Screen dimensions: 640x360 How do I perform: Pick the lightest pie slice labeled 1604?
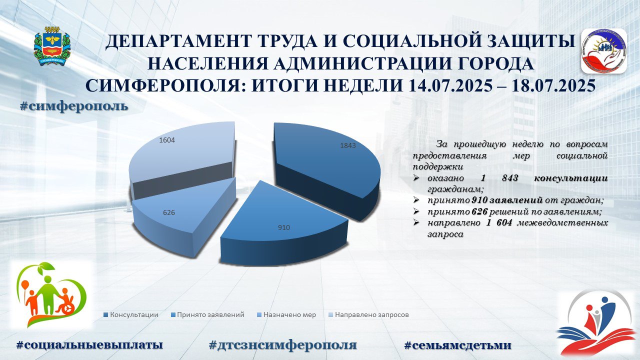click(x=183, y=151)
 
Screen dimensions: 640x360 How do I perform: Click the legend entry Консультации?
click(x=131, y=315)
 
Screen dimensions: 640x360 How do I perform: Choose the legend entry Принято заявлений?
click(x=207, y=315)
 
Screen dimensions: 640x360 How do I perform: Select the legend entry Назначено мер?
click(x=286, y=315)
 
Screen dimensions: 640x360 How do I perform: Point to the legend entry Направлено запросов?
click(x=369, y=315)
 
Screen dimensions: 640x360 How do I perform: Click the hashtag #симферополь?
click(x=74, y=106)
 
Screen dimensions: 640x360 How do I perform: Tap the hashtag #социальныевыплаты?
click(x=89, y=345)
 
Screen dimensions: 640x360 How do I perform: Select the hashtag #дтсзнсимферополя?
click(x=283, y=345)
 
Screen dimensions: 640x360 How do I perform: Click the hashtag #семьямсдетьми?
click(x=457, y=345)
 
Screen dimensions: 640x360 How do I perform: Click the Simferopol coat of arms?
click(x=52, y=46)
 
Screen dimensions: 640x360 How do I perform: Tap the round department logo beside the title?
click(x=603, y=51)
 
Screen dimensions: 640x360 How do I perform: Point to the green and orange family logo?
click(x=52, y=295)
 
